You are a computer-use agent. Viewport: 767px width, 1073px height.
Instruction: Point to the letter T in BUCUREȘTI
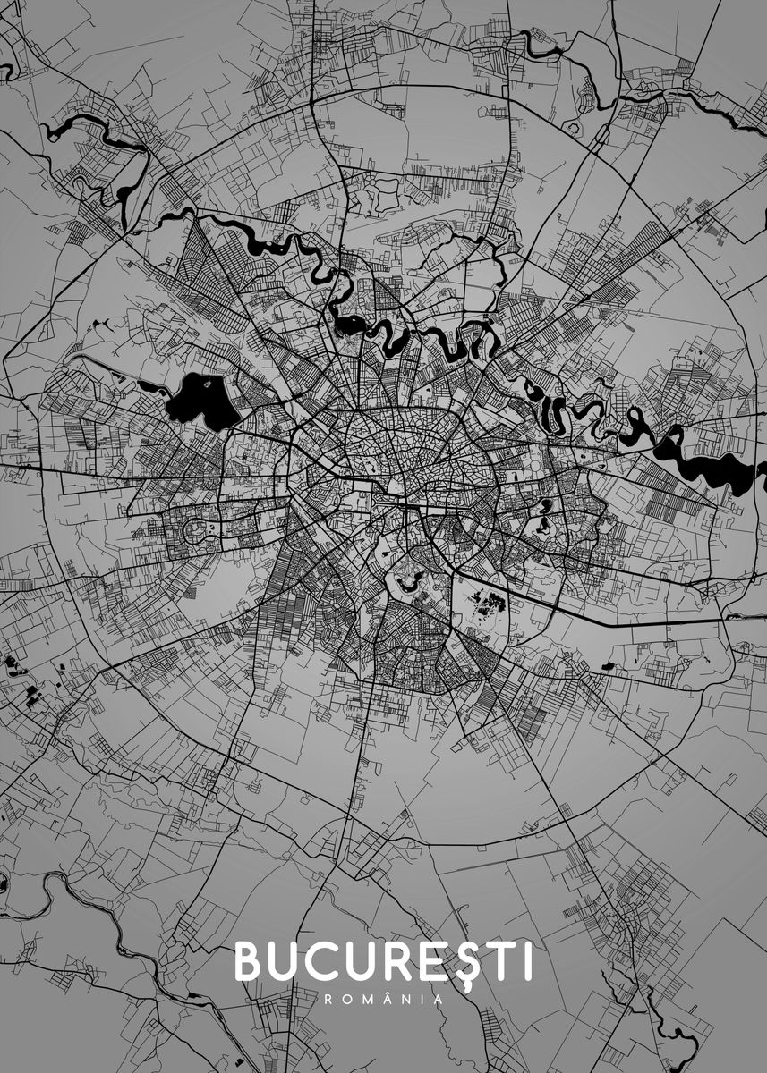(x=498, y=962)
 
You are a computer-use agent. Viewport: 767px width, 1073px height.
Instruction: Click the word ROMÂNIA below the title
(x=383, y=1000)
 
